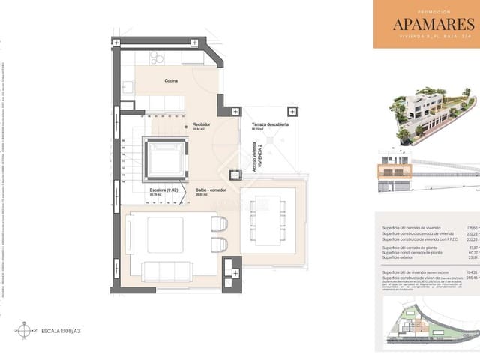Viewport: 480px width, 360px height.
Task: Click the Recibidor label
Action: pos(201,124)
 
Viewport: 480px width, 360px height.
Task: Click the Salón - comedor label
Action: pos(212,191)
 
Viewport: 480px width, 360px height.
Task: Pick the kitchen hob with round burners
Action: pos(158,58)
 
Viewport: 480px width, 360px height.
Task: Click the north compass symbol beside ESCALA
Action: pos(25,328)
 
